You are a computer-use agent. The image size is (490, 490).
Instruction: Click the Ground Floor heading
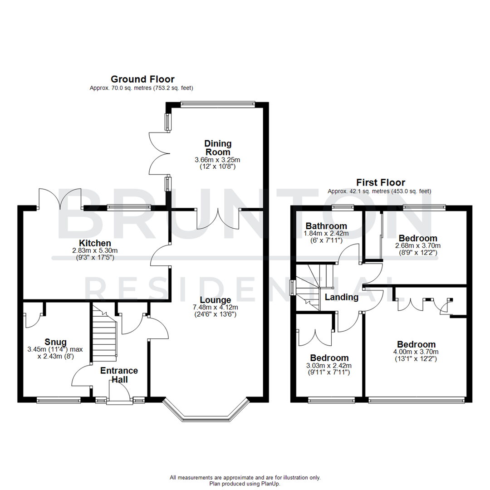click(x=142, y=79)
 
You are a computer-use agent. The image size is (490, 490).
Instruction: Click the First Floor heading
click(x=380, y=182)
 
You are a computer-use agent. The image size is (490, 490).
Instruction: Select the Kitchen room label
click(x=95, y=244)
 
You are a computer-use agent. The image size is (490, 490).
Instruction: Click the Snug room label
click(x=56, y=342)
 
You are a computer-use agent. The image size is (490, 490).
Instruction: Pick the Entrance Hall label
click(x=119, y=375)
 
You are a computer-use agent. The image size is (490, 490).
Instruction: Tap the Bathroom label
click(x=326, y=226)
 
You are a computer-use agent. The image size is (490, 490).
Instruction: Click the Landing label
click(x=342, y=298)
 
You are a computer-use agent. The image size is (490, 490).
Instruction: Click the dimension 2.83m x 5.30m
click(x=95, y=251)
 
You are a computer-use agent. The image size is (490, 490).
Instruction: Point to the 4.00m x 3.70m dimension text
click(x=416, y=352)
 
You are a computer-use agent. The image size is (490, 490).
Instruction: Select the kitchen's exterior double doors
click(x=60, y=199)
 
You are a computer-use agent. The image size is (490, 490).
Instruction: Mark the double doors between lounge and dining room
click(x=218, y=219)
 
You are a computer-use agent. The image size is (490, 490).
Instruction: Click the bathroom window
click(x=343, y=207)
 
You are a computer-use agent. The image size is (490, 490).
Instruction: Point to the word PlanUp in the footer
click(x=271, y=484)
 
